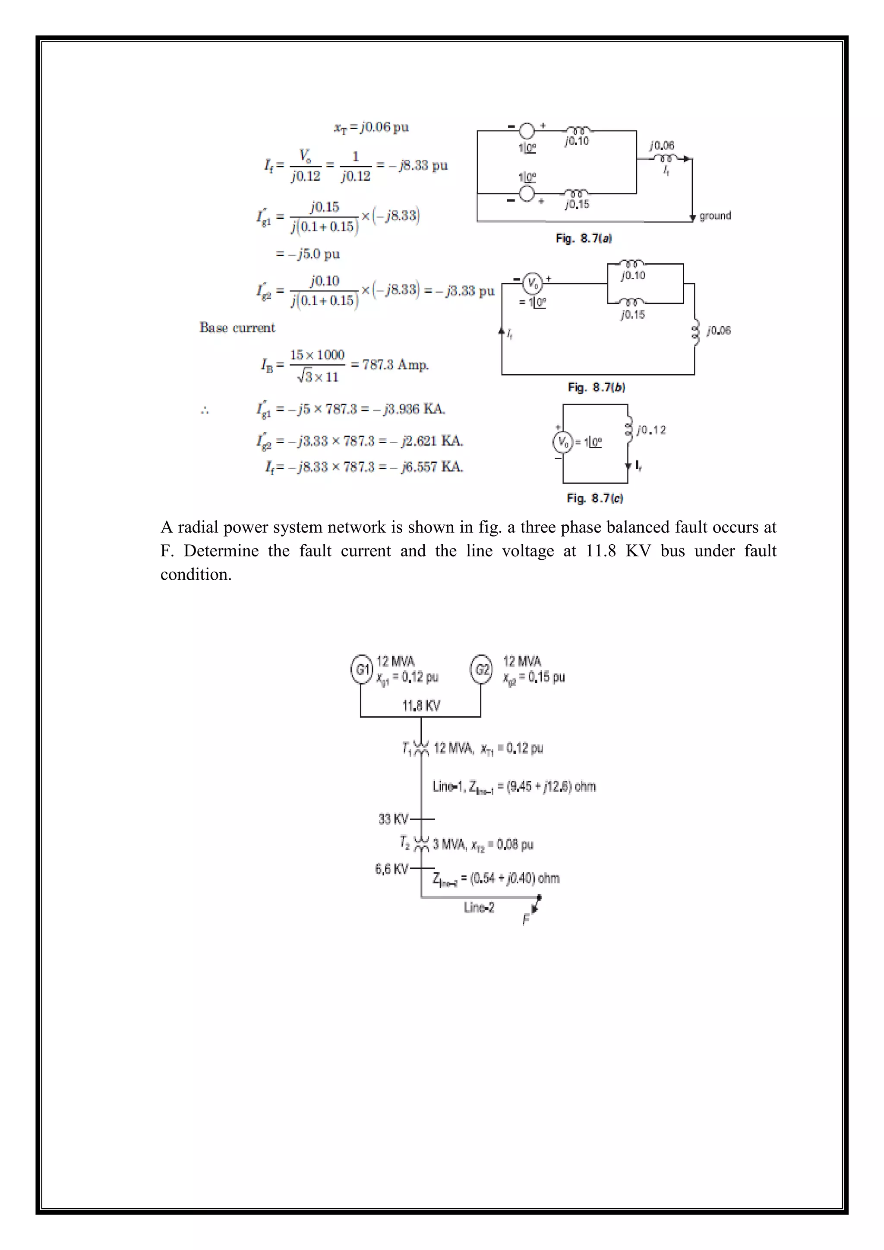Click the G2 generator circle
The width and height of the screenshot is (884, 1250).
point(482,669)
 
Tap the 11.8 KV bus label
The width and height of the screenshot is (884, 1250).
point(421,706)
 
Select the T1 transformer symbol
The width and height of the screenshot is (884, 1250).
point(421,748)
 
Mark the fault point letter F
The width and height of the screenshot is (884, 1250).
point(526,919)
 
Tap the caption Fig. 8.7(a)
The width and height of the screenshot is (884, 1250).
point(583,238)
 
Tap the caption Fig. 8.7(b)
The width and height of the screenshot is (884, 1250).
point(596,388)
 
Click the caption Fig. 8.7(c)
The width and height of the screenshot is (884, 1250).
point(594,498)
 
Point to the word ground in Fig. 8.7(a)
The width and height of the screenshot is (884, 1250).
point(715,216)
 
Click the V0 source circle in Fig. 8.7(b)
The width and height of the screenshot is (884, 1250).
point(532,284)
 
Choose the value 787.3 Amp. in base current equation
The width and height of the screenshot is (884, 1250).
point(395,365)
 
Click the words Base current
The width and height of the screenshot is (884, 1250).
point(237,328)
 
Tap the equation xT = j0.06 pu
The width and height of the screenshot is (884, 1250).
point(371,127)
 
